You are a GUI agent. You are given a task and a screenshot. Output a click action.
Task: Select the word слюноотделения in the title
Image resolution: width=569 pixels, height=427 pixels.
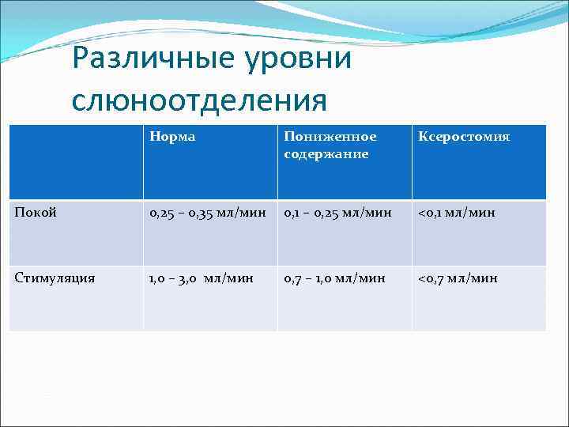pos(198,100)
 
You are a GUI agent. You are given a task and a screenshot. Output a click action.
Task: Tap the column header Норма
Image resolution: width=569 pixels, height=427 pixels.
pos(172,137)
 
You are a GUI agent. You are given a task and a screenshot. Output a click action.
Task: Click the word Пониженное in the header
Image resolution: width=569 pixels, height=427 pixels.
pos(330,137)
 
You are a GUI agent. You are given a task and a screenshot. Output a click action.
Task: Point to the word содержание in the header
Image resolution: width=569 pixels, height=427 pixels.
pos(326,153)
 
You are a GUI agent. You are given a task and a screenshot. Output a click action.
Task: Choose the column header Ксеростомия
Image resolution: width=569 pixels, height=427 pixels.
pos(465,137)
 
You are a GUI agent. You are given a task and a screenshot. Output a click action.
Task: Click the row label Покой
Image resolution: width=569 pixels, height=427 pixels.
pos(36,213)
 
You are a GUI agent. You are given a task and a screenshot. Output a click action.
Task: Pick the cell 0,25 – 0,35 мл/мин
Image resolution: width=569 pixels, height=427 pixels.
pos(208,213)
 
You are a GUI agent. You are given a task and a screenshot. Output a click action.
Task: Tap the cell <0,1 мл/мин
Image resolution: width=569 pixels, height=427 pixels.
pos(458,213)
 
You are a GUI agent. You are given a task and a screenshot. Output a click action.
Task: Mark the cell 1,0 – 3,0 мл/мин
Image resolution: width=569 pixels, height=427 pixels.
pos(202,278)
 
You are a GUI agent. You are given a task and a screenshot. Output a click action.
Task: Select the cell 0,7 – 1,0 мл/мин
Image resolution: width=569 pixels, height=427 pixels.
pos(335,278)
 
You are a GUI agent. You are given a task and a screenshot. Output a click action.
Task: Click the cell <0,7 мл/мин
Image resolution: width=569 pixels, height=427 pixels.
pos(458,278)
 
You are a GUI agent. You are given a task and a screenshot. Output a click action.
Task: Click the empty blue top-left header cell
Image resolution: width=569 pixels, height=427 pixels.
pos(76,162)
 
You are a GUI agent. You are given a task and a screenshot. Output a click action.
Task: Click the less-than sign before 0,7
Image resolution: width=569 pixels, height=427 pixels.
pos(422,278)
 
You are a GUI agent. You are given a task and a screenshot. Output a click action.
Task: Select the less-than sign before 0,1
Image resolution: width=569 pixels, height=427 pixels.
pos(422,213)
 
